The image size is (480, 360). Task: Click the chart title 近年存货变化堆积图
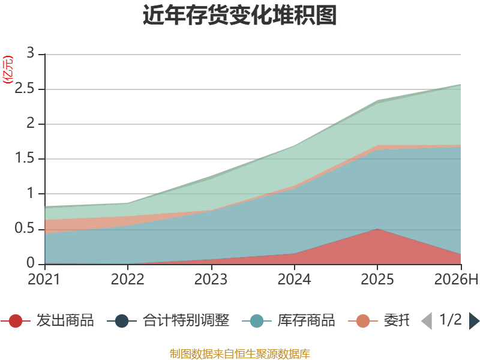[x=239, y=15]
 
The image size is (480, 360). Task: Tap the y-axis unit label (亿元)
[x=8, y=70]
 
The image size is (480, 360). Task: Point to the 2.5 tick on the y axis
[x=25, y=88]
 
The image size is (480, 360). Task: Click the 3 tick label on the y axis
[x=31, y=53]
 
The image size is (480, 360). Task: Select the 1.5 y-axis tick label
[x=25, y=158]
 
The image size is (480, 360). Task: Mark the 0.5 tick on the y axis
[x=25, y=228]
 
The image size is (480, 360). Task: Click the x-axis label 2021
[x=44, y=279]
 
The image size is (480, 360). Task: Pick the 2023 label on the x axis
[x=211, y=279]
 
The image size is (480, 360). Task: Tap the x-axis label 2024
[x=294, y=279]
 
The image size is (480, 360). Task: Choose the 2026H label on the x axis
[x=457, y=279]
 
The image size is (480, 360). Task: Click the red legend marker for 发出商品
[x=16, y=321]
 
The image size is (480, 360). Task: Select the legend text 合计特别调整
[x=186, y=320]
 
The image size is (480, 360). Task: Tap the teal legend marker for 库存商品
[x=257, y=321]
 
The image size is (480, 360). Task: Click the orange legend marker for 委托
[x=363, y=321]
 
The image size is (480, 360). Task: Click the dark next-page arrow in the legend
[x=474, y=321]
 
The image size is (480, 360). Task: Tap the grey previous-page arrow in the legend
[x=427, y=321]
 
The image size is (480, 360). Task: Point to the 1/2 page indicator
[x=451, y=320]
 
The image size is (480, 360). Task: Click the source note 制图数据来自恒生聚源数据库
[x=239, y=354]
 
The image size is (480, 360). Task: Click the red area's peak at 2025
[x=377, y=229]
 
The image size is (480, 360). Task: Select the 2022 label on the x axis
[x=127, y=279]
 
